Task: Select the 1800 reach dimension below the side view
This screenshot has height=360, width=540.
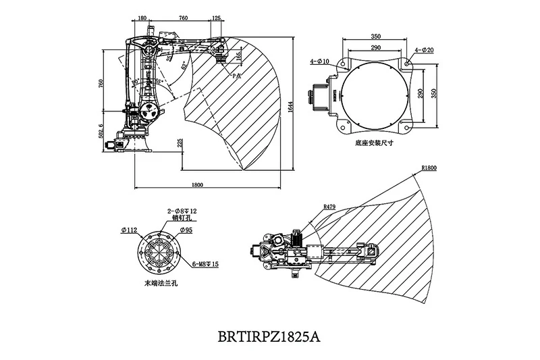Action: point(198,183)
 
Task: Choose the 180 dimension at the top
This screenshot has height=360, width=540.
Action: point(142,20)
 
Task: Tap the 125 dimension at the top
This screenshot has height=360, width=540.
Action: point(216,20)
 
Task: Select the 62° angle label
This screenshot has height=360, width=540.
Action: point(185,68)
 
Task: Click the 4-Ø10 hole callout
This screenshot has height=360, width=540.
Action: point(319,61)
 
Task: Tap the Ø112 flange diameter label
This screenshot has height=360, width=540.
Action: point(130,230)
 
